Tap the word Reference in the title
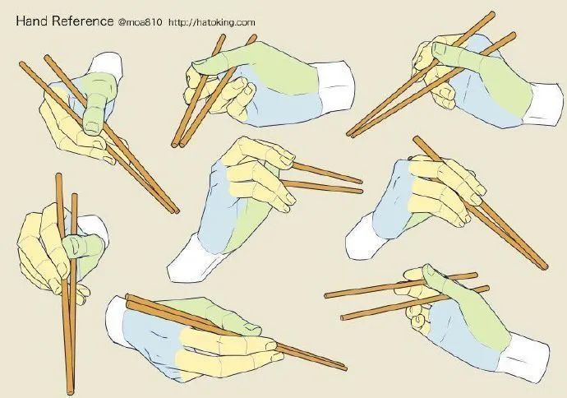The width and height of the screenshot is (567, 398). [82, 21]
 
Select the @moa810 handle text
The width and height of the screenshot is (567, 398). [140, 22]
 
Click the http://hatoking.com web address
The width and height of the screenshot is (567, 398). [211, 22]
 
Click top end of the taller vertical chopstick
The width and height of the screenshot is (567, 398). [58, 175]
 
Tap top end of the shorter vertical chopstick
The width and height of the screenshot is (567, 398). [74, 196]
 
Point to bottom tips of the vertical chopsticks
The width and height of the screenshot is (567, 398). [71, 391]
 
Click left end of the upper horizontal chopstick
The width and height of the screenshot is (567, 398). [326, 295]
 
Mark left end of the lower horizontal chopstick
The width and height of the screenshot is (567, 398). [343, 317]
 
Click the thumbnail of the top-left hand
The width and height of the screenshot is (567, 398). [93, 127]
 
